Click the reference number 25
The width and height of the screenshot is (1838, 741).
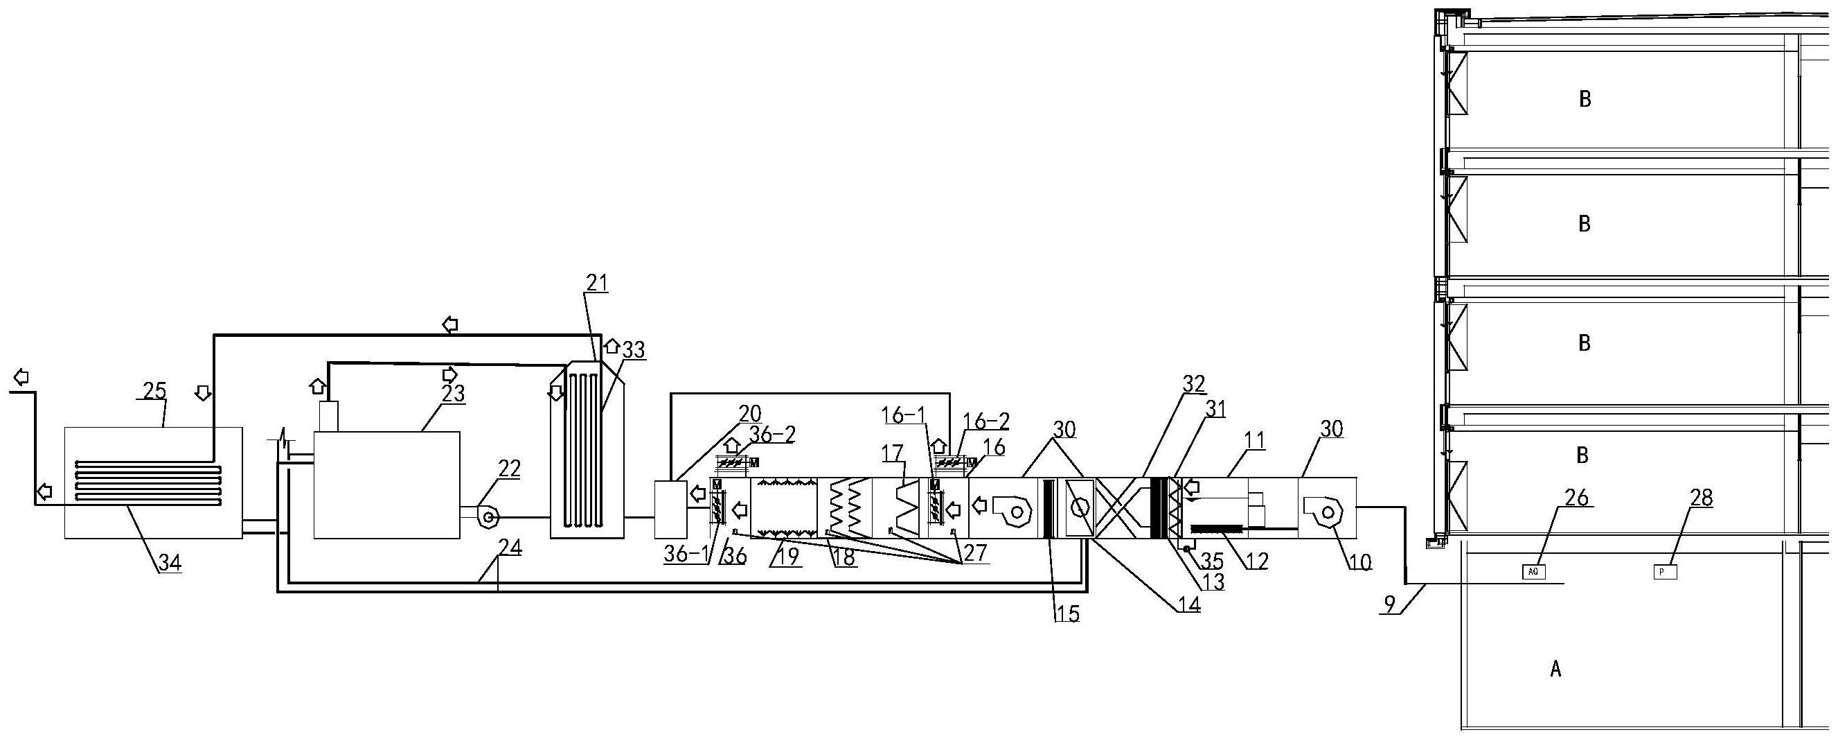[155, 391]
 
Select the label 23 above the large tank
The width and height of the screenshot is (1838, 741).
[452, 393]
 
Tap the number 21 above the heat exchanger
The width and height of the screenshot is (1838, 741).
[596, 284]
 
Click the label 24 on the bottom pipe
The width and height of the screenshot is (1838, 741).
[510, 548]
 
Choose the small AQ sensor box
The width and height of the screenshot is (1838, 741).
[1534, 571]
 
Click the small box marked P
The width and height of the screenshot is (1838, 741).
[1666, 571]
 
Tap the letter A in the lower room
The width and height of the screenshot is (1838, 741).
[1555, 668]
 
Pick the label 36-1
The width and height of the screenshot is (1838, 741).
[686, 553]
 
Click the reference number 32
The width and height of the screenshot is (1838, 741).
[1193, 384]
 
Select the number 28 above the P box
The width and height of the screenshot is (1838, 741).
[1701, 498]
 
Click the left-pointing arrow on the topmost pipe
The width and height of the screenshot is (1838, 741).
[449, 325]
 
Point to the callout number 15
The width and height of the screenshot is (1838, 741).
[1067, 613]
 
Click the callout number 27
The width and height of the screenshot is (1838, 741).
[975, 553]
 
